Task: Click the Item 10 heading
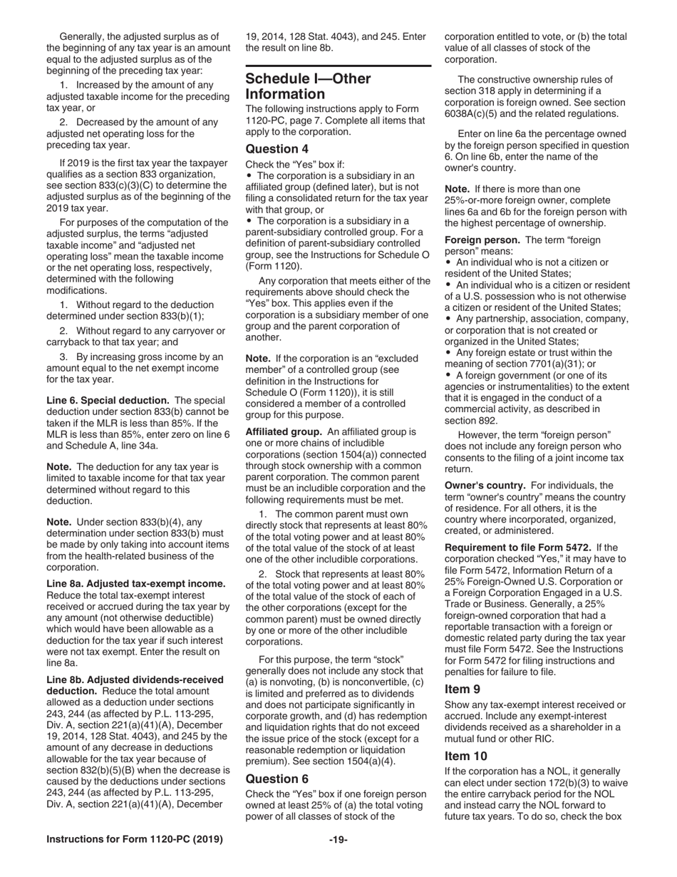coord(466,755)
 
